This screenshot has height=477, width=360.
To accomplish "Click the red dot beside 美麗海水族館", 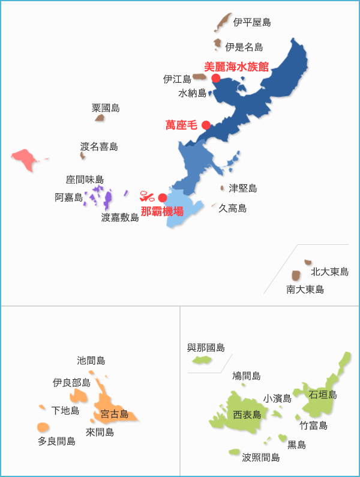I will pyautogui.click(x=216, y=78).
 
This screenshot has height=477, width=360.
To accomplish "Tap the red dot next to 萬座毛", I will pyautogui.click(x=206, y=125).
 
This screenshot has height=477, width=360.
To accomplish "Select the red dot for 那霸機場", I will pyautogui.click(x=163, y=198).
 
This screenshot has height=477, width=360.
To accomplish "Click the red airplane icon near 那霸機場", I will pyautogui.click(x=147, y=196).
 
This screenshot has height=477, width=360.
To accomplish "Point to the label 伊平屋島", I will pyautogui.click(x=252, y=23).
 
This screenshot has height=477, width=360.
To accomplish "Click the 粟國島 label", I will pyautogui.click(x=106, y=108).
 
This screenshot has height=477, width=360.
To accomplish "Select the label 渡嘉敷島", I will pyautogui.click(x=120, y=218).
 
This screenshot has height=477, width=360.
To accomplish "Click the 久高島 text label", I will pyautogui.click(x=232, y=208).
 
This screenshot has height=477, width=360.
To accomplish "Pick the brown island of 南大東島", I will pyautogui.click(x=296, y=275).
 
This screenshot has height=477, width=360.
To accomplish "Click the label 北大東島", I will pyautogui.click(x=329, y=272).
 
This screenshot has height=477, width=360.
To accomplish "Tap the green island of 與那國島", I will pyautogui.click(x=201, y=361).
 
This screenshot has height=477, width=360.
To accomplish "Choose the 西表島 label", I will pyautogui.click(x=247, y=415).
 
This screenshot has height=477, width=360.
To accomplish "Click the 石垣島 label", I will pyautogui.click(x=323, y=394).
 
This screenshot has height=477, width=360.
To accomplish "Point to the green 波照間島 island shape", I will pyautogui.click(x=234, y=452).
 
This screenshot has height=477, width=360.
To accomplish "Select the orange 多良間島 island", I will pyautogui.click(x=43, y=427).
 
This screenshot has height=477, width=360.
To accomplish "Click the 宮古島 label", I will pyautogui.click(x=115, y=414).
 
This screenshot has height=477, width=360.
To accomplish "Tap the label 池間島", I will pyautogui.click(x=91, y=361).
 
